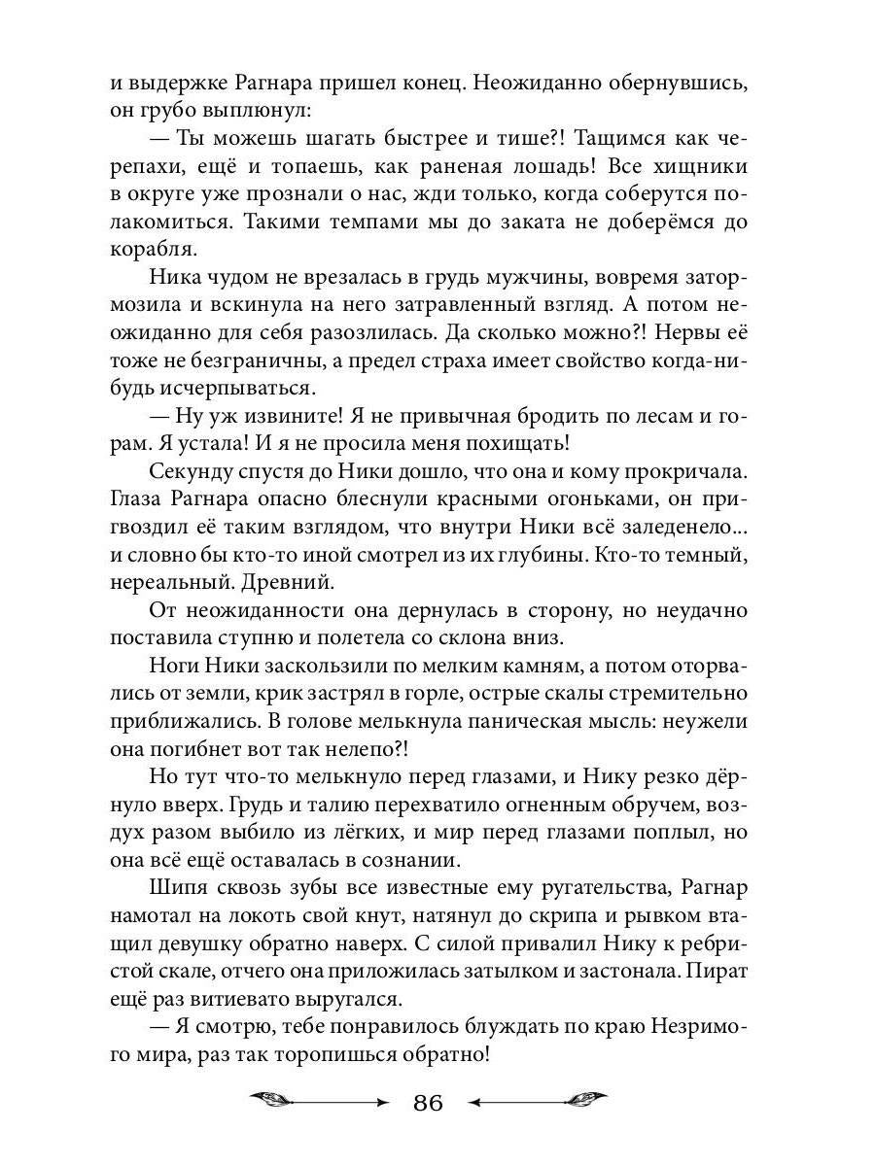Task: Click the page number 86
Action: tap(428, 1103)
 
